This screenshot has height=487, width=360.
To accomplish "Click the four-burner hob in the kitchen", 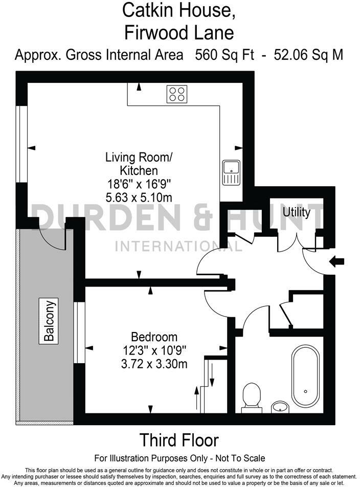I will click(x=177, y=94).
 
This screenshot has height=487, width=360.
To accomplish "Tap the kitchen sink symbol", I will click(x=232, y=172).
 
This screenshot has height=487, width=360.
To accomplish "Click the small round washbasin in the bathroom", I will click(x=280, y=407).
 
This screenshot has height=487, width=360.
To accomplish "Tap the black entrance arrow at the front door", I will click(x=337, y=262).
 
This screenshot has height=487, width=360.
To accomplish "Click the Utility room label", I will click(x=297, y=212).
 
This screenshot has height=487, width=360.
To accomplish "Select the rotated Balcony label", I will click(x=49, y=320).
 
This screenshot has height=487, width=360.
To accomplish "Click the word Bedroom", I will click(x=154, y=337).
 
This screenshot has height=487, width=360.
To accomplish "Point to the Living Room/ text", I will click(x=139, y=157).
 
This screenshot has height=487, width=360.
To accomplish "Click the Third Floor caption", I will click(x=179, y=440).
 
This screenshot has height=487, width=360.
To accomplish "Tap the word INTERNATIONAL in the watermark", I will click(x=178, y=247).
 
